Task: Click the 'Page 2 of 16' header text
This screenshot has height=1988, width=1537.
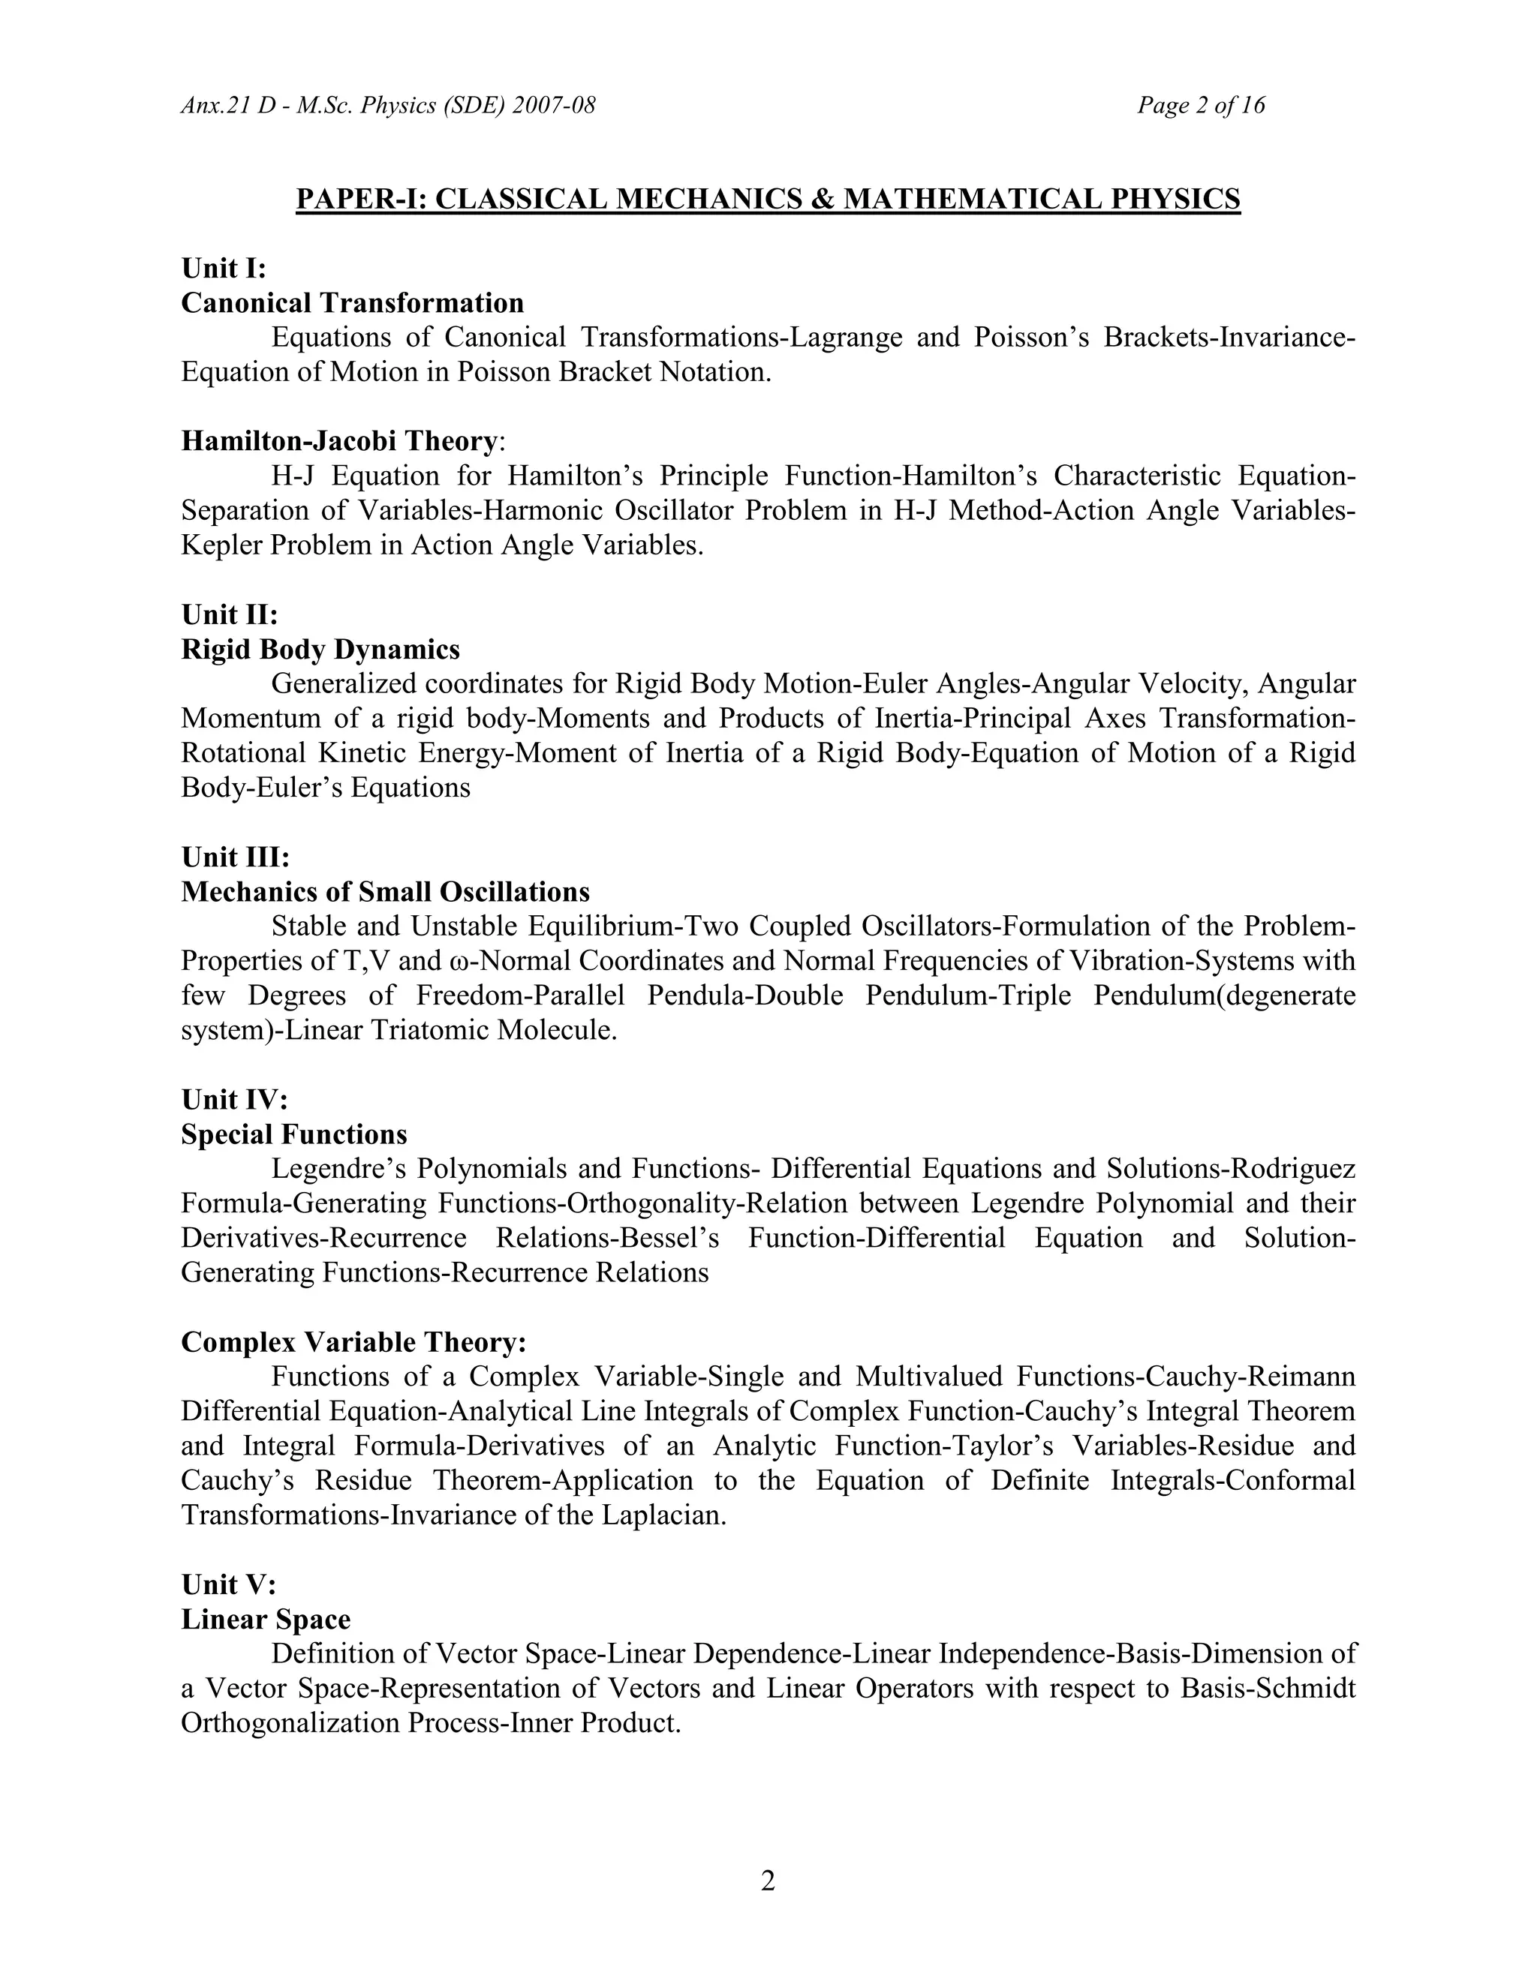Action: click(1200, 106)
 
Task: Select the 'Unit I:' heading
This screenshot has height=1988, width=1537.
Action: click(223, 269)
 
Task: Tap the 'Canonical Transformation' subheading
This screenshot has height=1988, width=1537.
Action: click(353, 303)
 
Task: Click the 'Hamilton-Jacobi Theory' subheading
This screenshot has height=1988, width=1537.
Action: click(338, 441)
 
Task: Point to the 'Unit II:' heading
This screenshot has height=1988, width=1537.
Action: click(230, 615)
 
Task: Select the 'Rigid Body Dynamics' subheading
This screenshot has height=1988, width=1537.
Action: click(320, 650)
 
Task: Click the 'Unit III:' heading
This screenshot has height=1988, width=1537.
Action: click(235, 857)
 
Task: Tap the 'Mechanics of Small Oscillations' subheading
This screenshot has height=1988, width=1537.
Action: click(385, 892)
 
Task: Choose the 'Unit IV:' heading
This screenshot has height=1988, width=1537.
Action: click(234, 1101)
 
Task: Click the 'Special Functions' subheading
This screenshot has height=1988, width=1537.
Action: click(294, 1135)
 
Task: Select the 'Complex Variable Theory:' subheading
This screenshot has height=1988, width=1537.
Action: click(353, 1343)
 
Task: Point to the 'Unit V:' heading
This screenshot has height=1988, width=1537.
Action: click(227, 1584)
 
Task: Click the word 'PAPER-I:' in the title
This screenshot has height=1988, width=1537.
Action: click(362, 200)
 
